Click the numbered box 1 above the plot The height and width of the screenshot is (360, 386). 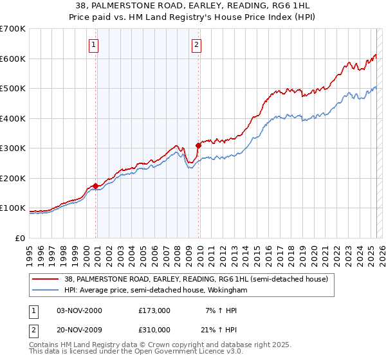94,45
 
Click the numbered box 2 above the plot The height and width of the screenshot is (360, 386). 196,45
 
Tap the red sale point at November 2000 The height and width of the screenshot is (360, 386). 96,186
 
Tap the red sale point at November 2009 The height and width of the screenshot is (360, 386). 198,146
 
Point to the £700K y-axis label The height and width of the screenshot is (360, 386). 13,29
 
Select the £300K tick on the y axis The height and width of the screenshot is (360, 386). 13,148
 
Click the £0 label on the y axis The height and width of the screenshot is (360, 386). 19,238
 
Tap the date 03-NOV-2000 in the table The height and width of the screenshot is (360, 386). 79,310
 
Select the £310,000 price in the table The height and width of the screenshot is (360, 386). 154,329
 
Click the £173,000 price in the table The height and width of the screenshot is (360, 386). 154,310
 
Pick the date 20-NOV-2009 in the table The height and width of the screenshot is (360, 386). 79,329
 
